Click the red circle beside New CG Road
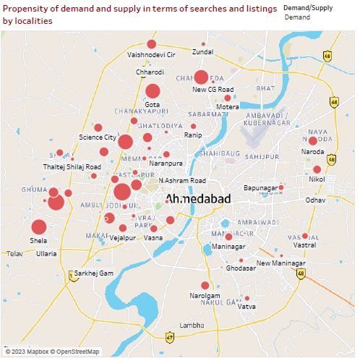coord(201,77)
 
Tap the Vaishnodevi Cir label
coord(151,54)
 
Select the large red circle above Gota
coord(152,91)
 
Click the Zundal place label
coord(202,52)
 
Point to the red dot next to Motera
coord(228,98)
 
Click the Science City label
coord(98,137)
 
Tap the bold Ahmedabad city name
coord(197,199)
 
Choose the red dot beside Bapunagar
coord(281,187)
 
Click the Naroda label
coord(313,152)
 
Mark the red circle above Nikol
coord(317,169)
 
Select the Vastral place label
coord(304,245)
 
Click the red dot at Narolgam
coord(205,286)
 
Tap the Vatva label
coord(247,306)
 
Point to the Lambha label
coord(192,326)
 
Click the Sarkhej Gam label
coord(94,273)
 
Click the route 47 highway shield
coord(169,337)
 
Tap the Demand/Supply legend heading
coord(308,8)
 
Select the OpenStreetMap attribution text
coord(77,352)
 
